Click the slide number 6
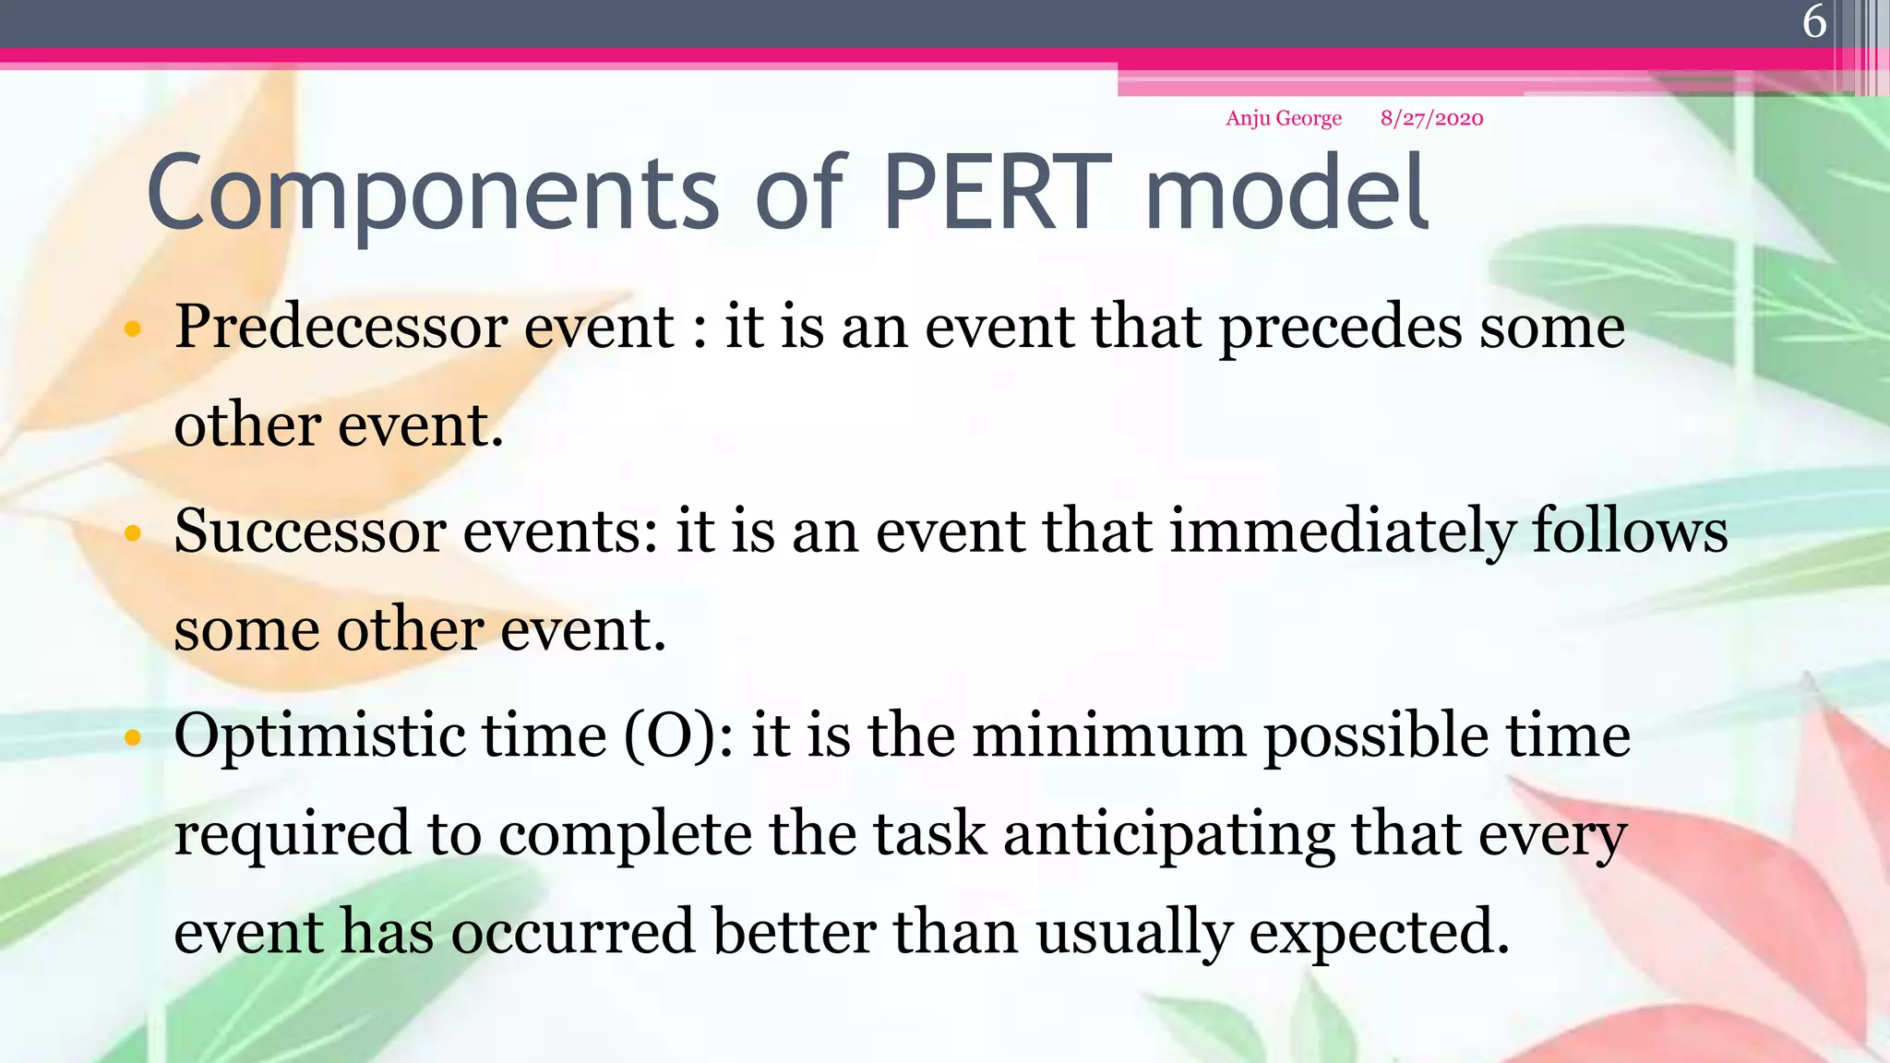pos(1814,21)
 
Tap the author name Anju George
pos(1283,118)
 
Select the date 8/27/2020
pos(1431,118)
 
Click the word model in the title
pos(1287,194)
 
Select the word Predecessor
pos(341,328)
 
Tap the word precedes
pos(1340,328)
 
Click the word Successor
pos(310,532)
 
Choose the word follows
pos(1630,532)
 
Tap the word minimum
pos(1108,736)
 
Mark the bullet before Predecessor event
pos(133,328)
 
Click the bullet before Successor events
pos(133,533)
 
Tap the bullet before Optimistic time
pos(133,737)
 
